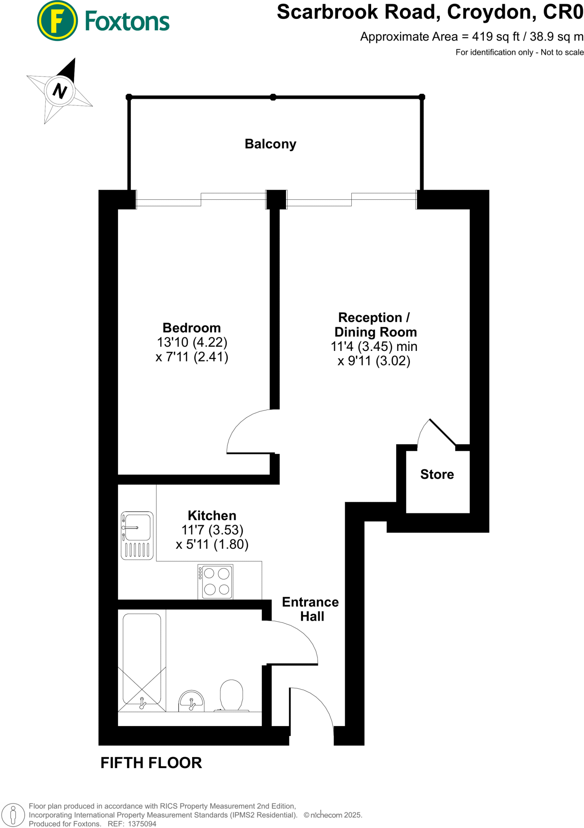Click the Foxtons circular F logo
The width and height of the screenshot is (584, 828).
click(57, 21)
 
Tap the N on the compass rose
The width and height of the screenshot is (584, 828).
click(60, 91)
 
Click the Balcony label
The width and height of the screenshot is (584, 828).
click(270, 144)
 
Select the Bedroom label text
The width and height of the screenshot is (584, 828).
click(191, 327)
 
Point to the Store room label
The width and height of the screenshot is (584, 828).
click(437, 474)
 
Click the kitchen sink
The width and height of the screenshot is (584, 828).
click(137, 535)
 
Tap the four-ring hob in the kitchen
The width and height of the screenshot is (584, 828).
click(215, 581)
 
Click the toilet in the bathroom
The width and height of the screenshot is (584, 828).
click(231, 695)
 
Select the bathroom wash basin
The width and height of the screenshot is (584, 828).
click(191, 701)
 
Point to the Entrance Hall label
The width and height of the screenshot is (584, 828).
click(310, 609)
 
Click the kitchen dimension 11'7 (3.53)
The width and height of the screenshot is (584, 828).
click(212, 530)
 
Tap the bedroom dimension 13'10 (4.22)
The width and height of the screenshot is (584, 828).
click(192, 342)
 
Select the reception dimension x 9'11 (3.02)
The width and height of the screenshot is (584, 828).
click(374, 361)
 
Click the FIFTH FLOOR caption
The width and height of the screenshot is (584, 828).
click(151, 763)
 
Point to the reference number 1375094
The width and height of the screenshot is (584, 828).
click(142, 824)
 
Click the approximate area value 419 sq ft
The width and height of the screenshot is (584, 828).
click(496, 37)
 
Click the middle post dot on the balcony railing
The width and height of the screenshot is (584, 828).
click(273, 97)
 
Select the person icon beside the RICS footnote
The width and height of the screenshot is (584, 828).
click(13, 814)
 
